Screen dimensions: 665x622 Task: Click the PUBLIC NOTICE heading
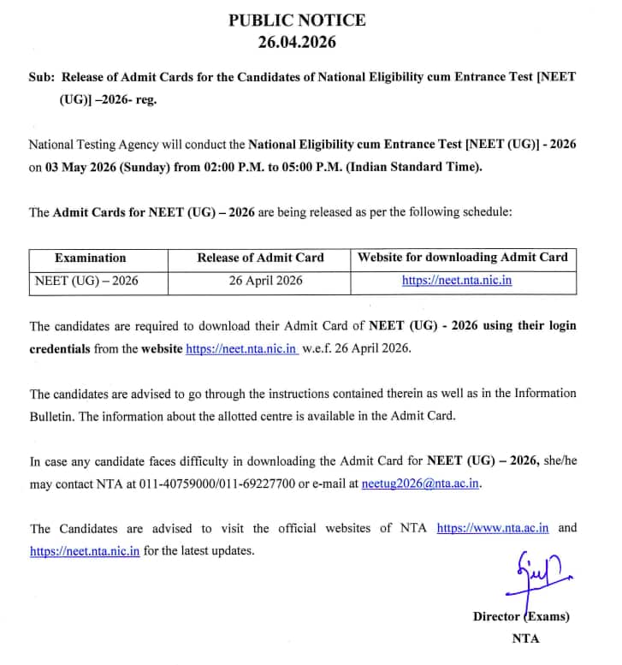click(297, 19)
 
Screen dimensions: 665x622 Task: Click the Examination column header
click(90, 258)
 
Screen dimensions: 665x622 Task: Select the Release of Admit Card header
click(260, 258)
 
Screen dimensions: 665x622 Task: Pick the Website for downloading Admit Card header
click(462, 258)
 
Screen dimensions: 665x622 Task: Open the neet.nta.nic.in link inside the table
click(457, 280)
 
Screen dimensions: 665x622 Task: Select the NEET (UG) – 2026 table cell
click(86, 280)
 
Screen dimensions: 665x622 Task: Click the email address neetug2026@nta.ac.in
click(420, 484)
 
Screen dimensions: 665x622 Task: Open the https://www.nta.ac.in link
click(493, 528)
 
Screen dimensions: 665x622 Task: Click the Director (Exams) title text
click(520, 616)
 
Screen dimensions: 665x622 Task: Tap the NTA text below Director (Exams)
click(525, 638)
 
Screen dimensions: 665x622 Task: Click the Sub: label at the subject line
click(42, 76)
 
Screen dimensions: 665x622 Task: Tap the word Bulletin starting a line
click(51, 416)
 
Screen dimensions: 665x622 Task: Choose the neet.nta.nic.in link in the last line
click(85, 551)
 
